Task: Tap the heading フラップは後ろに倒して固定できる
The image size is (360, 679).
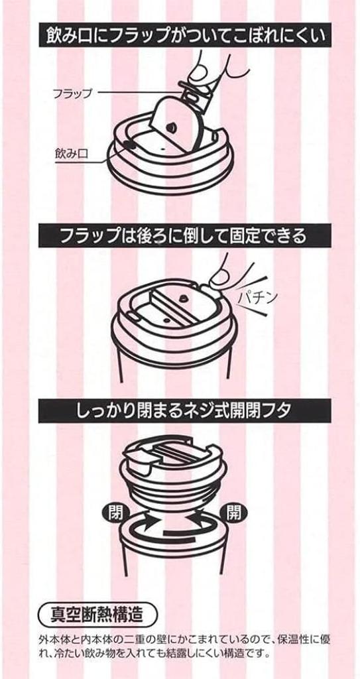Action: pos(180,235)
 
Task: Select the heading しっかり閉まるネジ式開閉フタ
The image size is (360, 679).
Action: pos(180,411)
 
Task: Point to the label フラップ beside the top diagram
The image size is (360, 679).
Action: pos(72,94)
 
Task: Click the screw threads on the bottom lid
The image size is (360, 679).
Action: pos(179,484)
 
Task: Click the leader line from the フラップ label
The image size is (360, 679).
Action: pos(136,94)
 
